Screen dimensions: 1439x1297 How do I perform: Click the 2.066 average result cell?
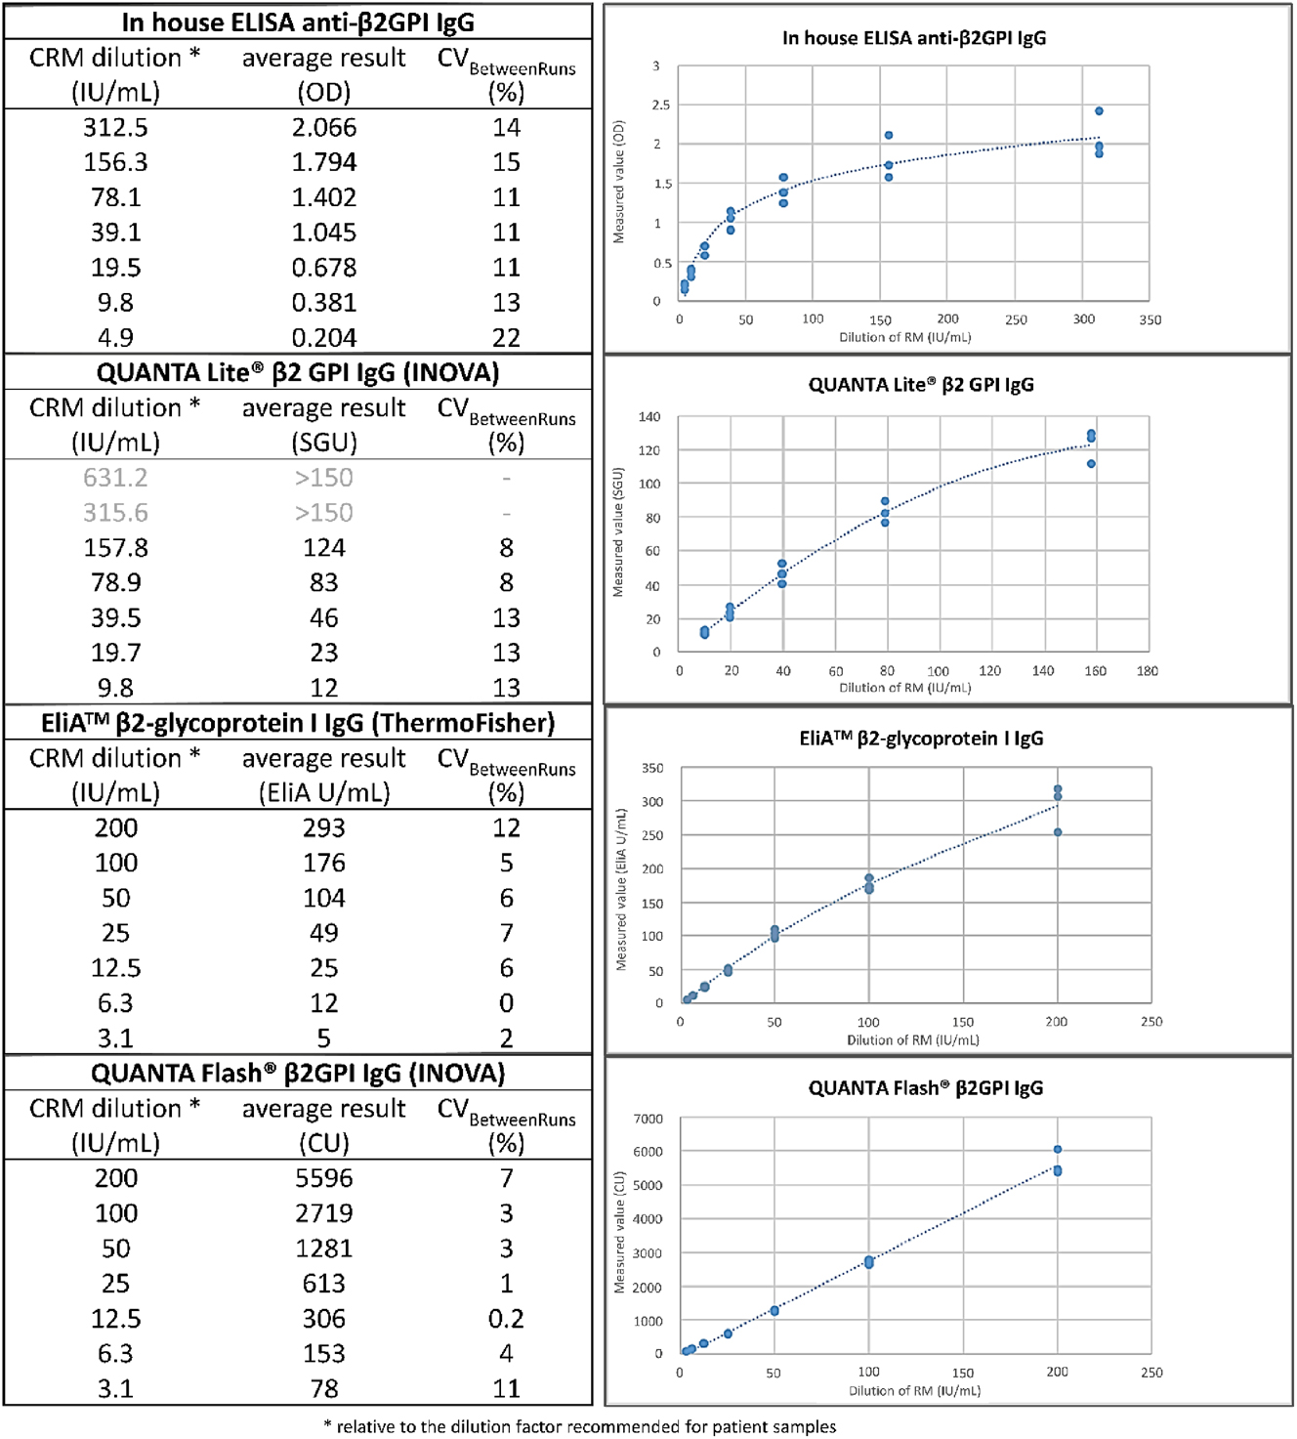coord(323,128)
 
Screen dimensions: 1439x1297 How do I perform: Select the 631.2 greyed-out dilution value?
coord(115,478)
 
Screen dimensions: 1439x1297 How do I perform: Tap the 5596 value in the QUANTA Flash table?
coord(323,1178)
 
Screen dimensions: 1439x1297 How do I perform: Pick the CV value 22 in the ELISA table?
coord(506,338)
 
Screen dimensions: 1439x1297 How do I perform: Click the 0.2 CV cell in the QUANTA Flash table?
coord(506,1319)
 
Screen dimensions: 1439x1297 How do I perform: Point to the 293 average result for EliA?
coord(323,828)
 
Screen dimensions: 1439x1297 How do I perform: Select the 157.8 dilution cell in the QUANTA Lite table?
coord(115,548)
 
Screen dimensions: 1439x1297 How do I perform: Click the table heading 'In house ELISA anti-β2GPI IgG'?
coord(298,21)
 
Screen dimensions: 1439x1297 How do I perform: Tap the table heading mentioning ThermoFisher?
coord(298,723)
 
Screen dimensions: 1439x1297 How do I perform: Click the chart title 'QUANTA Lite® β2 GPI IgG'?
coord(920,385)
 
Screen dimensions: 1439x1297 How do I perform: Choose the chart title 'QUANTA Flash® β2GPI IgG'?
coord(925,1088)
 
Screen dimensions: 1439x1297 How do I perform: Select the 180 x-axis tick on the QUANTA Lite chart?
coord(1147,671)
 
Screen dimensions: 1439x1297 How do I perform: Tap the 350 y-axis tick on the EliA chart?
coord(652,769)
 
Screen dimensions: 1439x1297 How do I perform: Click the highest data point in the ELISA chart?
coord(1099,111)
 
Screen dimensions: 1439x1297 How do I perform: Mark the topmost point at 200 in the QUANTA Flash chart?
coord(1058,1150)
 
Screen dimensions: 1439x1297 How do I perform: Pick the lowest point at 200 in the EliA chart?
coord(1058,832)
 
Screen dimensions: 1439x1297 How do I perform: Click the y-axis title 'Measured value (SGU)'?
coord(617,532)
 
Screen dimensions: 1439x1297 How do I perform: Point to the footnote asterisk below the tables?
coord(328,1425)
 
